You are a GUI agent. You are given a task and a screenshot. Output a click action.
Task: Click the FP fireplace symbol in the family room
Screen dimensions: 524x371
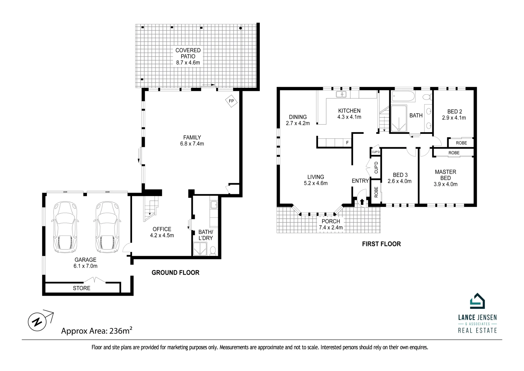click(231, 101)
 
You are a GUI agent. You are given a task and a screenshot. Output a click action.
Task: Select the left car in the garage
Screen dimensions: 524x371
click(66, 227)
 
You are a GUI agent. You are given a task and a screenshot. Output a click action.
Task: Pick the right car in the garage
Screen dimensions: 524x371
click(107, 227)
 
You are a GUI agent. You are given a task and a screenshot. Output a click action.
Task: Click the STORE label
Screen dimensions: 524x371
click(81, 288)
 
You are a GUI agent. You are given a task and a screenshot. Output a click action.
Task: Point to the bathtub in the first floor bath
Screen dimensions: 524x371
click(403, 96)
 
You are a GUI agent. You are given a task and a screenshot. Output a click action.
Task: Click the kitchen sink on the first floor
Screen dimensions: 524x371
click(341, 94)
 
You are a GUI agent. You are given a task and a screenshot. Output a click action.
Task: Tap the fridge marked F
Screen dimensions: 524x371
click(347, 143)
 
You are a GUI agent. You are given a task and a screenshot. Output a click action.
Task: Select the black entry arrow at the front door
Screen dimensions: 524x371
click(362, 202)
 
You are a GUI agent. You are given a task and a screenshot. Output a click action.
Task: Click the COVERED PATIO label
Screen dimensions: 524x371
click(188, 53)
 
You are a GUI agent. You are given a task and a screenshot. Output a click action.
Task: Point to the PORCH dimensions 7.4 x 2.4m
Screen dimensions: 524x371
click(331, 228)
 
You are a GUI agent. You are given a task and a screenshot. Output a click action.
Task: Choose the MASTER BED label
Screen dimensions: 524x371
click(446, 175)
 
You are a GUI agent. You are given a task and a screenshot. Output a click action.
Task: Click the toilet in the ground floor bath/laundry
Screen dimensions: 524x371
click(213, 251)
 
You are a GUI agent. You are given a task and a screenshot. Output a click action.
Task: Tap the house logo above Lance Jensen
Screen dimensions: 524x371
click(477, 301)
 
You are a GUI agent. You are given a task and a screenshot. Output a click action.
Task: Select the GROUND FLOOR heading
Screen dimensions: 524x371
click(176, 273)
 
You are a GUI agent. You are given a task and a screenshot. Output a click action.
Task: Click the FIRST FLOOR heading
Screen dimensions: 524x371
click(381, 244)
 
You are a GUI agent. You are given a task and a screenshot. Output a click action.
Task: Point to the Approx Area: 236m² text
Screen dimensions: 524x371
click(97, 331)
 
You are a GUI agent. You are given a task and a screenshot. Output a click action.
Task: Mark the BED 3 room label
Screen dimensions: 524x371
click(400, 175)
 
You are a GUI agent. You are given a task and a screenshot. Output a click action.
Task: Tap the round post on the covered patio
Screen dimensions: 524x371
click(241, 28)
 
